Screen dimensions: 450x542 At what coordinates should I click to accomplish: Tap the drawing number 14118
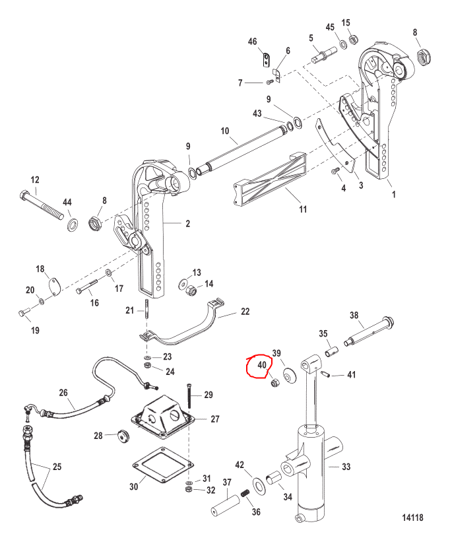(x=412, y=517)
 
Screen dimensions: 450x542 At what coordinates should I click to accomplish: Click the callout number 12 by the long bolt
(x=35, y=180)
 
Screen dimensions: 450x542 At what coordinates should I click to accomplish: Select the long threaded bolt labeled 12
(x=42, y=205)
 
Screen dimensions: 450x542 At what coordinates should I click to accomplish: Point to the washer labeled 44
(x=72, y=225)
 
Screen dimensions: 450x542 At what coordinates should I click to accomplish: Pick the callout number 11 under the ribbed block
(x=303, y=209)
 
